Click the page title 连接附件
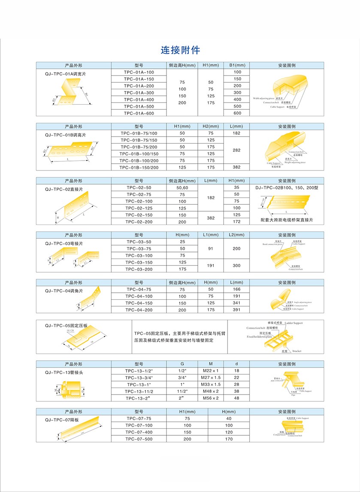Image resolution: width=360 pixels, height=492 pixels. (x=180, y=50)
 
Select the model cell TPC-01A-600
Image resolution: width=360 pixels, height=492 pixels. (x=139, y=113)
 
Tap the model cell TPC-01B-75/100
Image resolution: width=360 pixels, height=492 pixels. (x=139, y=134)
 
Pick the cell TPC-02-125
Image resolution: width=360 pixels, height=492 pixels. (x=139, y=208)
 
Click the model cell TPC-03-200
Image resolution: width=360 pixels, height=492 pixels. (x=139, y=269)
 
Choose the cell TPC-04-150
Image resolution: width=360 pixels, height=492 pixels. (x=139, y=303)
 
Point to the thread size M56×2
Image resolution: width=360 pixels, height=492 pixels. (x=211, y=398)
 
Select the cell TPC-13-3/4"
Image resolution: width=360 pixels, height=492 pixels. (x=139, y=378)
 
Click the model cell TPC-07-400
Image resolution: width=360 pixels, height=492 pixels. (x=139, y=432)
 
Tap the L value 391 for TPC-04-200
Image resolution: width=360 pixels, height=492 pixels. (x=236, y=310)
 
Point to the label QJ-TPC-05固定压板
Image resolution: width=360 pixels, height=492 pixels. (x=66, y=326)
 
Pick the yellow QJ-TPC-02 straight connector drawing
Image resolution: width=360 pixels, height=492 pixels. (x=77, y=209)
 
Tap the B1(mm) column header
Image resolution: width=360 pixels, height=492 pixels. (x=237, y=65)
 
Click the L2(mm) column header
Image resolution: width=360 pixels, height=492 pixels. (x=236, y=235)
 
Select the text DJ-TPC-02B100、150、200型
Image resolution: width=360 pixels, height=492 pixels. (x=284, y=188)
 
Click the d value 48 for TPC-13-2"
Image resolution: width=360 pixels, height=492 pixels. (x=236, y=398)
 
